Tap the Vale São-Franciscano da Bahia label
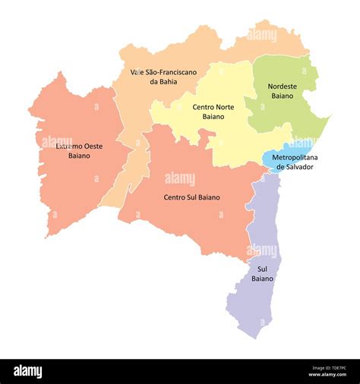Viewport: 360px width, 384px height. (x=163, y=77)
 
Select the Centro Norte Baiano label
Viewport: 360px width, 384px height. (x=213, y=112)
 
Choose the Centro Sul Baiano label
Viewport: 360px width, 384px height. (x=191, y=197)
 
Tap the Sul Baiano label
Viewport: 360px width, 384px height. (x=263, y=274)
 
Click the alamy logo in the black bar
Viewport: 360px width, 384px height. (x=28, y=372)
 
